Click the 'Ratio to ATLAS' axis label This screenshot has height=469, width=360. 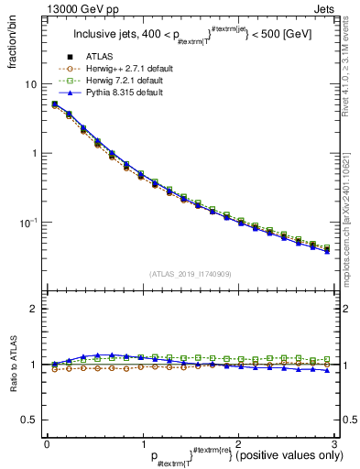[13, 365]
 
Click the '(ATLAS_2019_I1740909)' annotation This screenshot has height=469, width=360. [190, 273]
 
